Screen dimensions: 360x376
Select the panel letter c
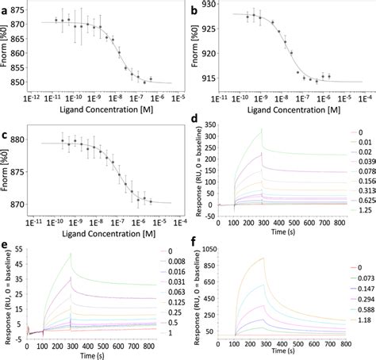click(6, 132)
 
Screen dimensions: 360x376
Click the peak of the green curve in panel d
click(260, 129)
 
